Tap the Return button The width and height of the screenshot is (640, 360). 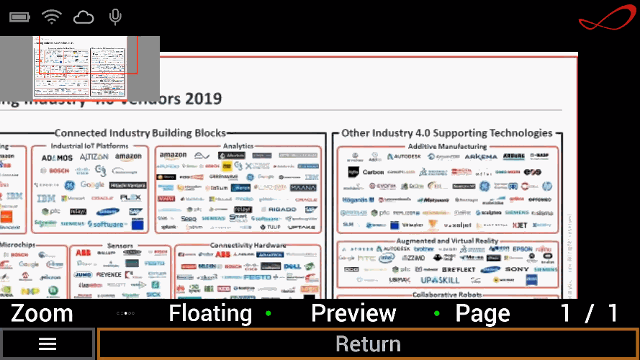368,344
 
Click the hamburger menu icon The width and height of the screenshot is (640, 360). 48,344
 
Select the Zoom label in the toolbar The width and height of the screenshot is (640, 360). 42,313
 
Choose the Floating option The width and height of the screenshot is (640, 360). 210,313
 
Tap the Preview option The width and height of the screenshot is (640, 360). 353,313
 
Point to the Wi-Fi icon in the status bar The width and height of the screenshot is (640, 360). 52,17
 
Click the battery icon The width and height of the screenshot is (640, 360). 20,17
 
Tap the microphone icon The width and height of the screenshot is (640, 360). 114,17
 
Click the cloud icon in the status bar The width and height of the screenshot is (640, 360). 84,17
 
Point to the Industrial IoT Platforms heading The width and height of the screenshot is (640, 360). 89,146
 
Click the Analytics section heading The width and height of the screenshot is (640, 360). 238,146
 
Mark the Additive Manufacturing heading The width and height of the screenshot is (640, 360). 447,146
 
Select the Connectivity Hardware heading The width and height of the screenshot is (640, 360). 248,246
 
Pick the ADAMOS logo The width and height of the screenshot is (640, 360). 57,158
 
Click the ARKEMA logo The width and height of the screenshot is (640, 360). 480,156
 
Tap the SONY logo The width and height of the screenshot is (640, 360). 517,269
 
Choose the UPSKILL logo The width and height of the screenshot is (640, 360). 440,279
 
